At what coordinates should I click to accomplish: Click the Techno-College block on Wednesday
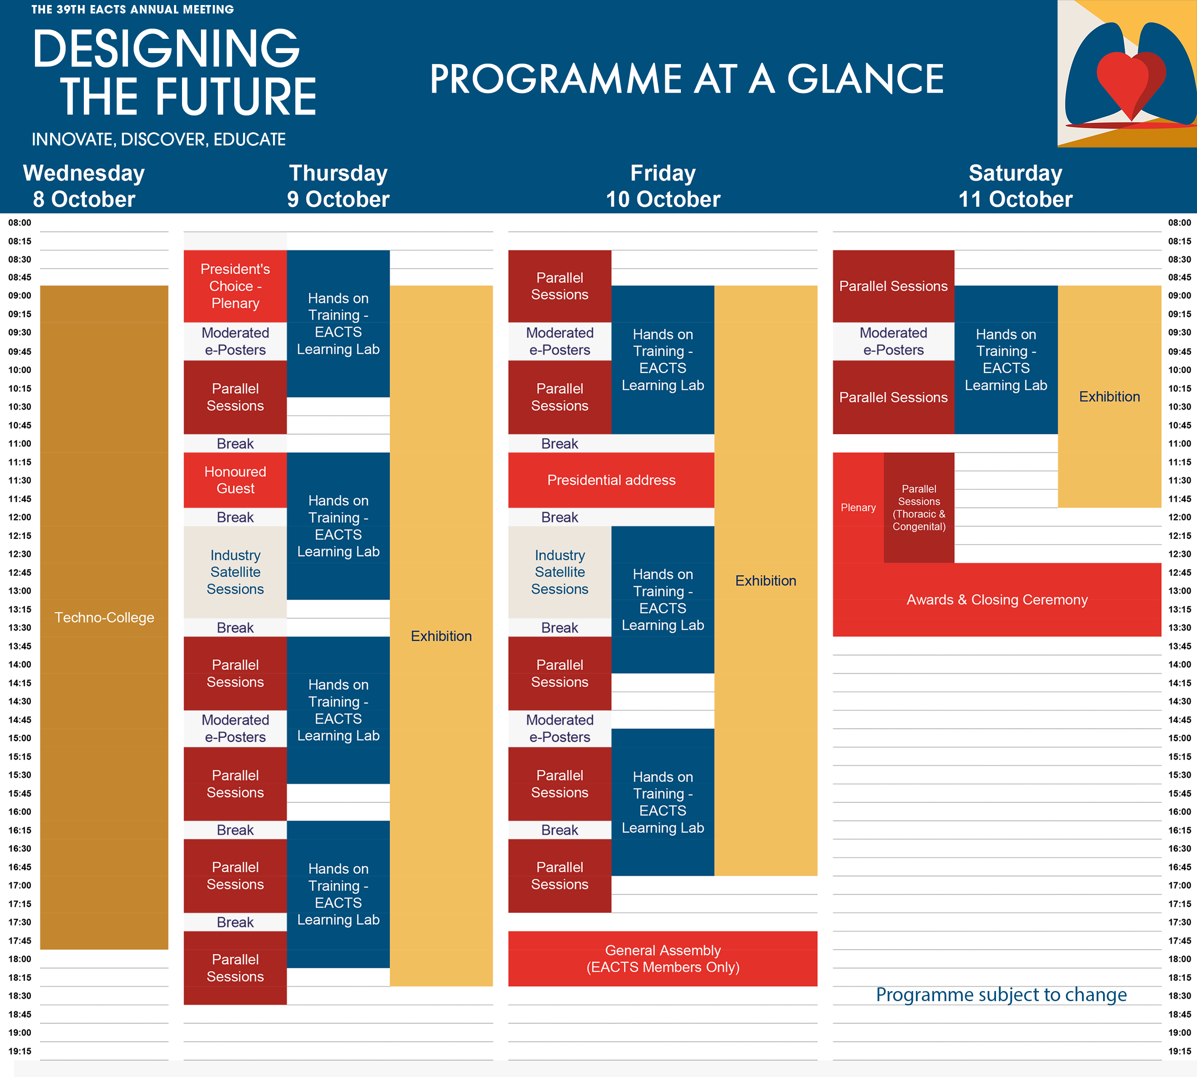tap(104, 617)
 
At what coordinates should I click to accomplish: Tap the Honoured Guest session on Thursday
tap(235, 480)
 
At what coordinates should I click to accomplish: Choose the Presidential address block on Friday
tap(611, 480)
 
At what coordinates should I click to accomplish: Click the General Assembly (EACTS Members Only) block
tap(663, 959)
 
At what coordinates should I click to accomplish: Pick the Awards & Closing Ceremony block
tap(997, 600)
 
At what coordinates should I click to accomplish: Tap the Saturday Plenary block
tap(858, 508)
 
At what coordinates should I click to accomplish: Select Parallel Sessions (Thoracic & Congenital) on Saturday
tap(919, 508)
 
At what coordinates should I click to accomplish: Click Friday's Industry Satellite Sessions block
tap(560, 572)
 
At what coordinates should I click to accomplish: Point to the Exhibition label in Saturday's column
tap(1109, 397)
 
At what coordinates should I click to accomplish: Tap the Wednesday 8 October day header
tap(84, 186)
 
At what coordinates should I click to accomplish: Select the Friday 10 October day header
tap(663, 186)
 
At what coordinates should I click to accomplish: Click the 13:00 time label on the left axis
tap(19, 591)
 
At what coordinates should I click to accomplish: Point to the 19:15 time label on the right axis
tap(1179, 1051)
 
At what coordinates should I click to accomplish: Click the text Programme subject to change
tap(1001, 995)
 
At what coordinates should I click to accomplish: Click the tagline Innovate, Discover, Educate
tap(158, 139)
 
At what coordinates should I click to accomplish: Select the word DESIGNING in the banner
tap(166, 48)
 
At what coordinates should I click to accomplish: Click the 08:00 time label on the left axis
tap(19, 222)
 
